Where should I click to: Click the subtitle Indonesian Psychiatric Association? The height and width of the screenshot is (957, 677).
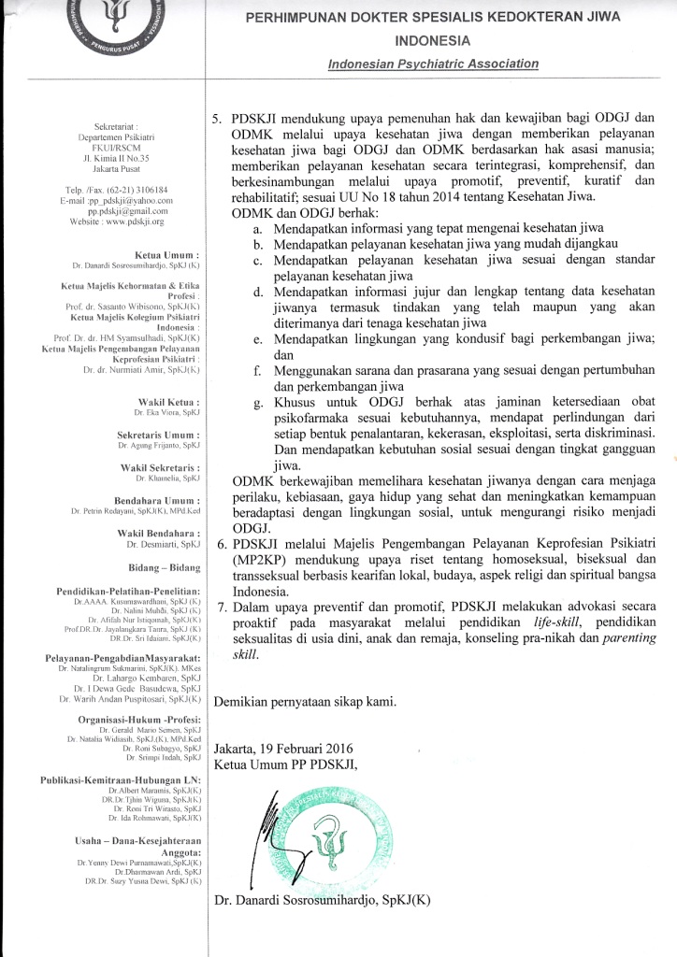pos(434,64)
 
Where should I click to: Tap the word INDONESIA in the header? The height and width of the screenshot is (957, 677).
pos(433,41)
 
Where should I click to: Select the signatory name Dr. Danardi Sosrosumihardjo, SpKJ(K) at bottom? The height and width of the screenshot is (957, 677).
pos(322,900)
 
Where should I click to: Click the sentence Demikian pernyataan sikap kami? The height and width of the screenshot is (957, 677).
pos(306,701)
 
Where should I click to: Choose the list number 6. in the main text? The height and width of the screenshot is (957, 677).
pos(222,543)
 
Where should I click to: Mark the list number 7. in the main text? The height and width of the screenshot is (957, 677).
pos(222,607)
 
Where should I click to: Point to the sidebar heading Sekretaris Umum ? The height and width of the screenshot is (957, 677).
pos(158,436)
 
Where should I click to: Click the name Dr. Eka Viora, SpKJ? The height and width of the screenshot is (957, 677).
pos(167,412)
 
